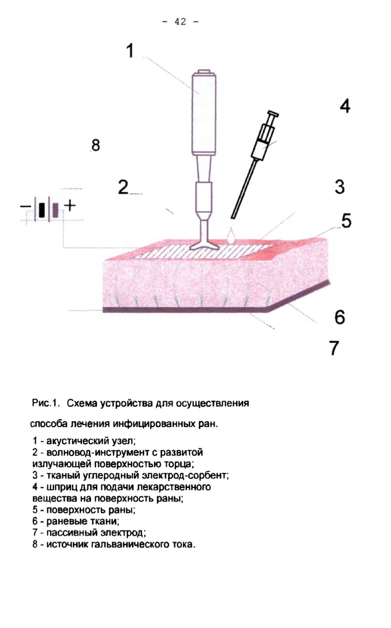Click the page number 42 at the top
click(180, 22)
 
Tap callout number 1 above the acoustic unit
click(130, 51)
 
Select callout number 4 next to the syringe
click(345, 106)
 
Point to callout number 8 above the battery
click(96, 145)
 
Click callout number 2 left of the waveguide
click(123, 187)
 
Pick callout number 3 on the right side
click(340, 187)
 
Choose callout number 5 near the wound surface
click(346, 220)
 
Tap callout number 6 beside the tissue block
click(340, 317)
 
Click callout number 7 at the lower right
click(334, 348)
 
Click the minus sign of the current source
click(25, 207)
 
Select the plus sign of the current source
click(70, 206)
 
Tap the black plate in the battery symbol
click(42, 210)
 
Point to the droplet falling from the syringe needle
click(231, 235)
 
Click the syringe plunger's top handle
click(273, 113)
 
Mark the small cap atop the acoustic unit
click(204, 71)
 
